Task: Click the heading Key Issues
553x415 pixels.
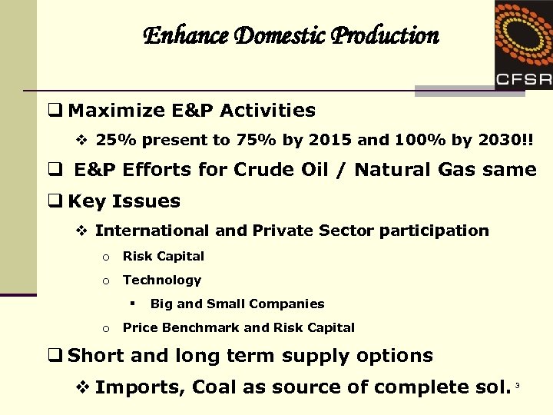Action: click(x=124, y=201)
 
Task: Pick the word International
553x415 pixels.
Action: click(x=151, y=231)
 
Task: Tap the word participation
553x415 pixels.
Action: click(x=435, y=231)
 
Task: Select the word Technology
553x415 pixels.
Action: click(x=162, y=280)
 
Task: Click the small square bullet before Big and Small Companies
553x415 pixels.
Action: click(x=133, y=303)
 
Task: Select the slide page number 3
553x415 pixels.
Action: click(x=518, y=383)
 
